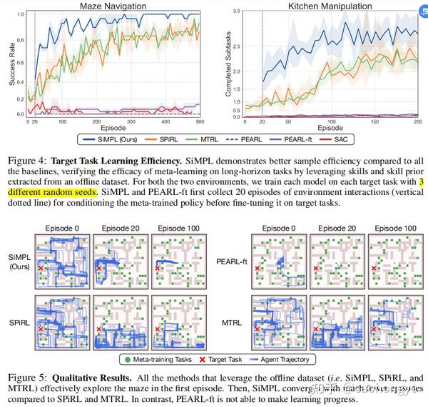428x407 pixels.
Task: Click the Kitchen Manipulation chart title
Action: (x=329, y=6)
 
